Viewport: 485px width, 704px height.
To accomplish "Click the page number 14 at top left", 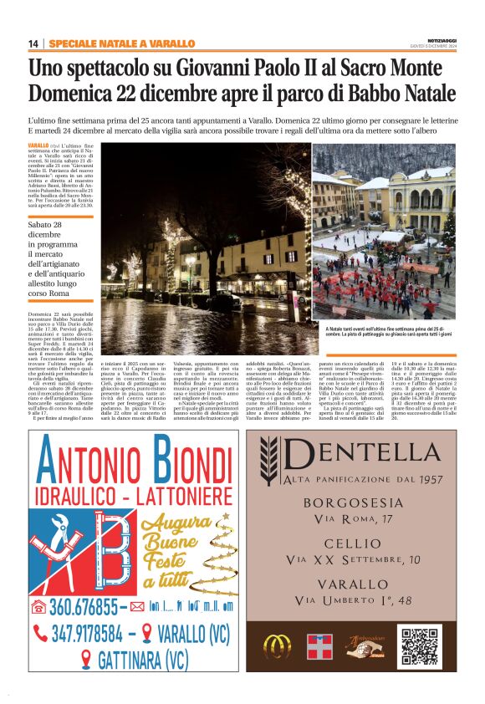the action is [x=33, y=43].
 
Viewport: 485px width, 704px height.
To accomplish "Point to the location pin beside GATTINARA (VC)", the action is [x=85, y=661].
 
